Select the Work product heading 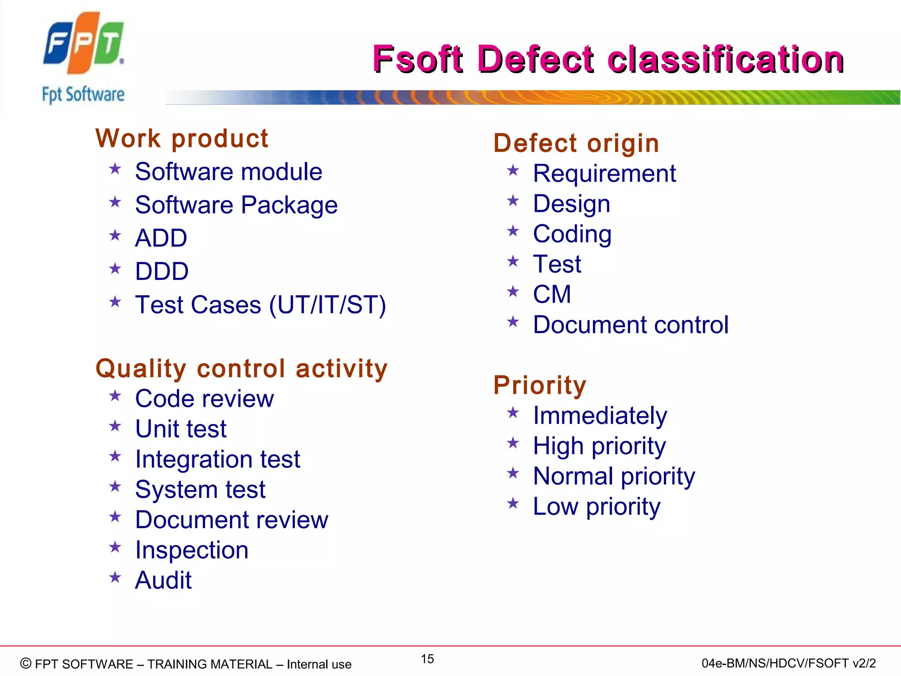click(182, 139)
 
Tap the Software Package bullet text click(236, 205)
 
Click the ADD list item click(161, 238)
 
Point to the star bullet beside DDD click(115, 268)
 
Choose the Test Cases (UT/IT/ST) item click(260, 305)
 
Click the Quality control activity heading click(242, 368)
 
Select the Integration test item click(217, 459)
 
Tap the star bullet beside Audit click(115, 577)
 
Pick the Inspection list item click(192, 550)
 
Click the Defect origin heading click(576, 143)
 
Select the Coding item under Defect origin click(572, 234)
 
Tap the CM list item click(552, 294)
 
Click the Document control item click(630, 325)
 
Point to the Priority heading click(540, 385)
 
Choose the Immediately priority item click(600, 416)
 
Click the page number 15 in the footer click(427, 659)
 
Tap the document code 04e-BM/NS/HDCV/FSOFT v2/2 click(788, 663)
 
